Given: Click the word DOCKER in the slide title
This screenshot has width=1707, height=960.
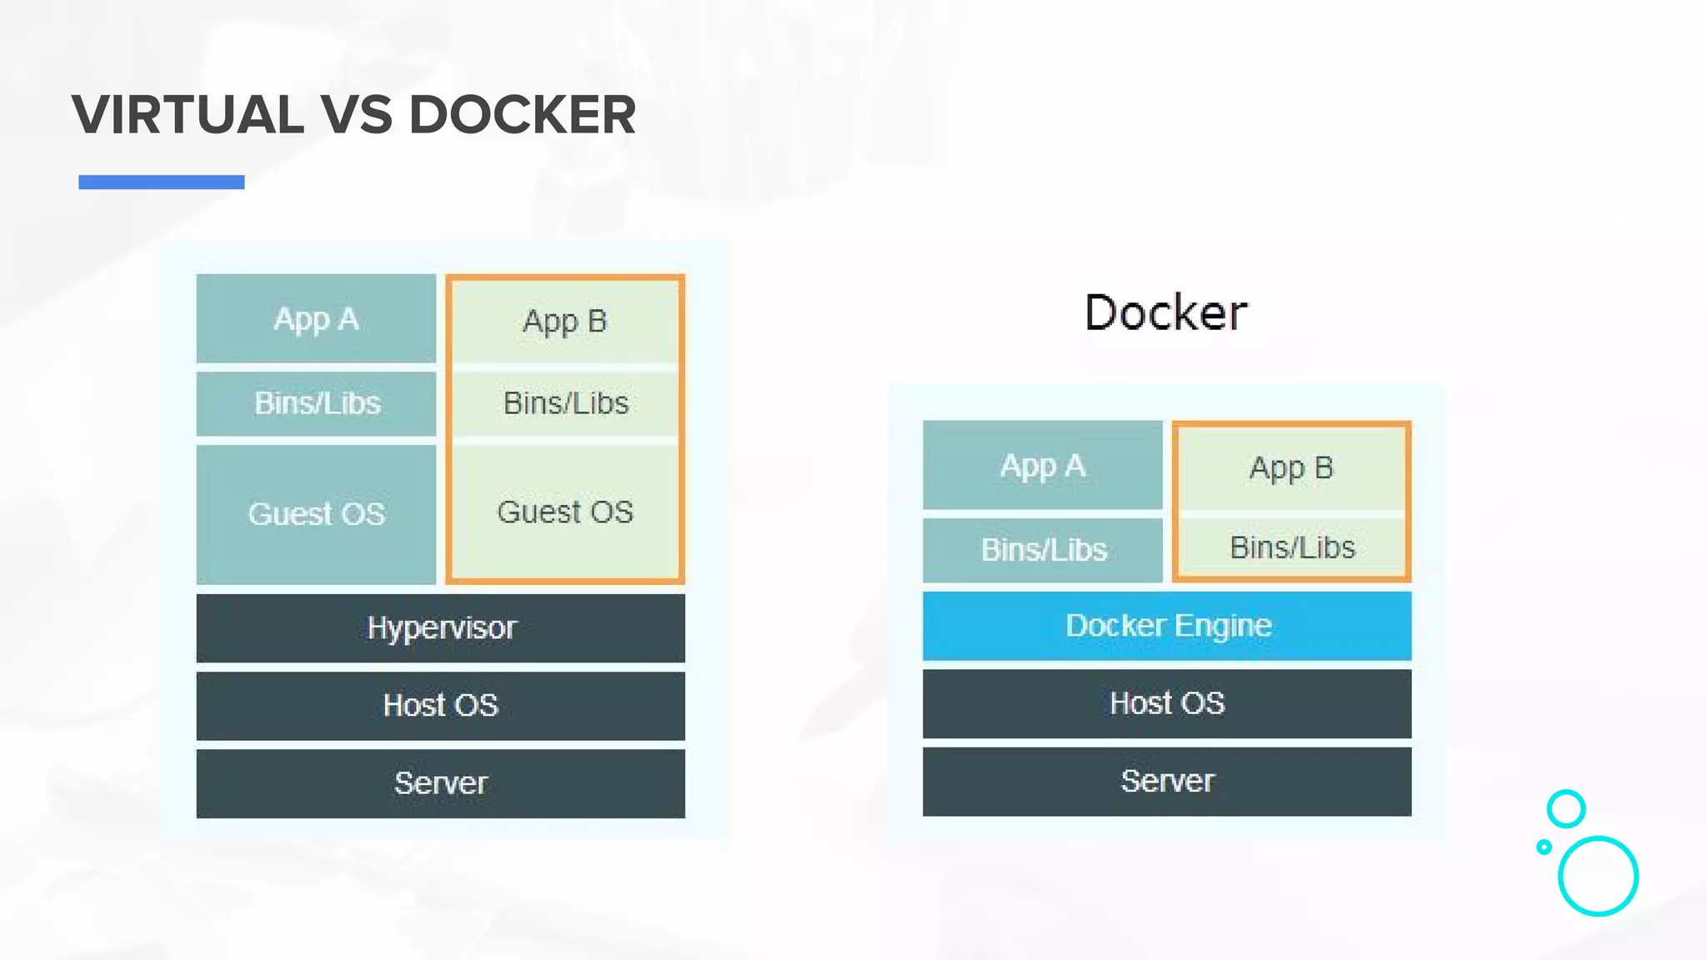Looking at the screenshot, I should click(523, 114).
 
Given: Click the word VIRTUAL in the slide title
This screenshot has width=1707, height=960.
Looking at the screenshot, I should click(188, 114).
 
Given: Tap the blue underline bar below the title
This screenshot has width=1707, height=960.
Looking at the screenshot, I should click(162, 182).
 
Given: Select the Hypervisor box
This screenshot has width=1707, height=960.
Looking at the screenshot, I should click(441, 627).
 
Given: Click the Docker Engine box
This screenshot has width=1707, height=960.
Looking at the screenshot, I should click(1167, 626).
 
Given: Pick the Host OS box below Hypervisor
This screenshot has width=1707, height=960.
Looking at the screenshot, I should click(441, 706).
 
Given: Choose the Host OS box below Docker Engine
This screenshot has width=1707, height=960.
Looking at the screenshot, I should click(1167, 703).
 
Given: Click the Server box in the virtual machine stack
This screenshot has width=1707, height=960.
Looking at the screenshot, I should click(441, 783).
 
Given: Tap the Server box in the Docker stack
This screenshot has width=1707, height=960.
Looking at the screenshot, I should click(1167, 781).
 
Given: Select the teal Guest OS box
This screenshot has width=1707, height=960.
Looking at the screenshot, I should click(316, 513).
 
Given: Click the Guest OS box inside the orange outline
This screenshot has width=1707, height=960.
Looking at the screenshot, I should click(565, 512).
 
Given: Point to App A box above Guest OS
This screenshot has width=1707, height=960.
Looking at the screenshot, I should click(316, 318).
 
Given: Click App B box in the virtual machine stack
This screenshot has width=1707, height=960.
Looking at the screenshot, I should click(565, 321).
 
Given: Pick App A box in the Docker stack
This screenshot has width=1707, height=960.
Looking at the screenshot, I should click(1042, 465).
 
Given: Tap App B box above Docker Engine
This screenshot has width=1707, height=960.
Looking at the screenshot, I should click(1291, 467).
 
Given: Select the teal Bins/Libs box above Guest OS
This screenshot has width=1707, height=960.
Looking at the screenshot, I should click(316, 403).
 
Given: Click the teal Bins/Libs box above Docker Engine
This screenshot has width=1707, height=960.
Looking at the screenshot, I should click(1042, 550).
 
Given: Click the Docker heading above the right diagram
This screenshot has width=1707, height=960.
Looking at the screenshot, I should click(1166, 312).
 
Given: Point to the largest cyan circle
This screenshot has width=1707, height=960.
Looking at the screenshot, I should click(1598, 876).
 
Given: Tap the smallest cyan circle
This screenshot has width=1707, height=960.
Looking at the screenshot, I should click(1544, 847).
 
